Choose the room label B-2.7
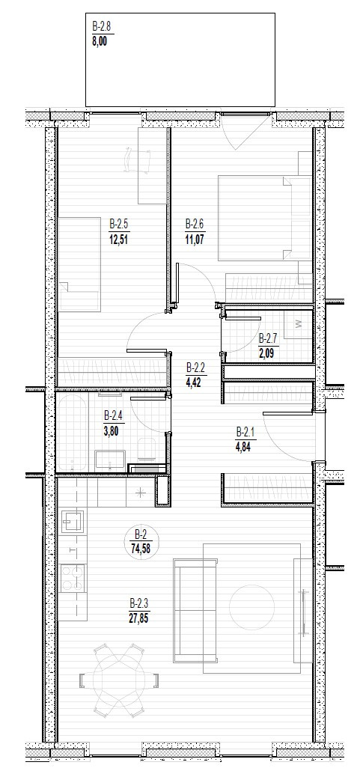[268, 338]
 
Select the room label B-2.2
[195, 368]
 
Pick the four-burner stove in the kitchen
[73, 579]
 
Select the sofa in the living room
[195, 611]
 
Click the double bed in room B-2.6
[264, 218]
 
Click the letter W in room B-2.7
[299, 324]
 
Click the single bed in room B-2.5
[79, 264]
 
